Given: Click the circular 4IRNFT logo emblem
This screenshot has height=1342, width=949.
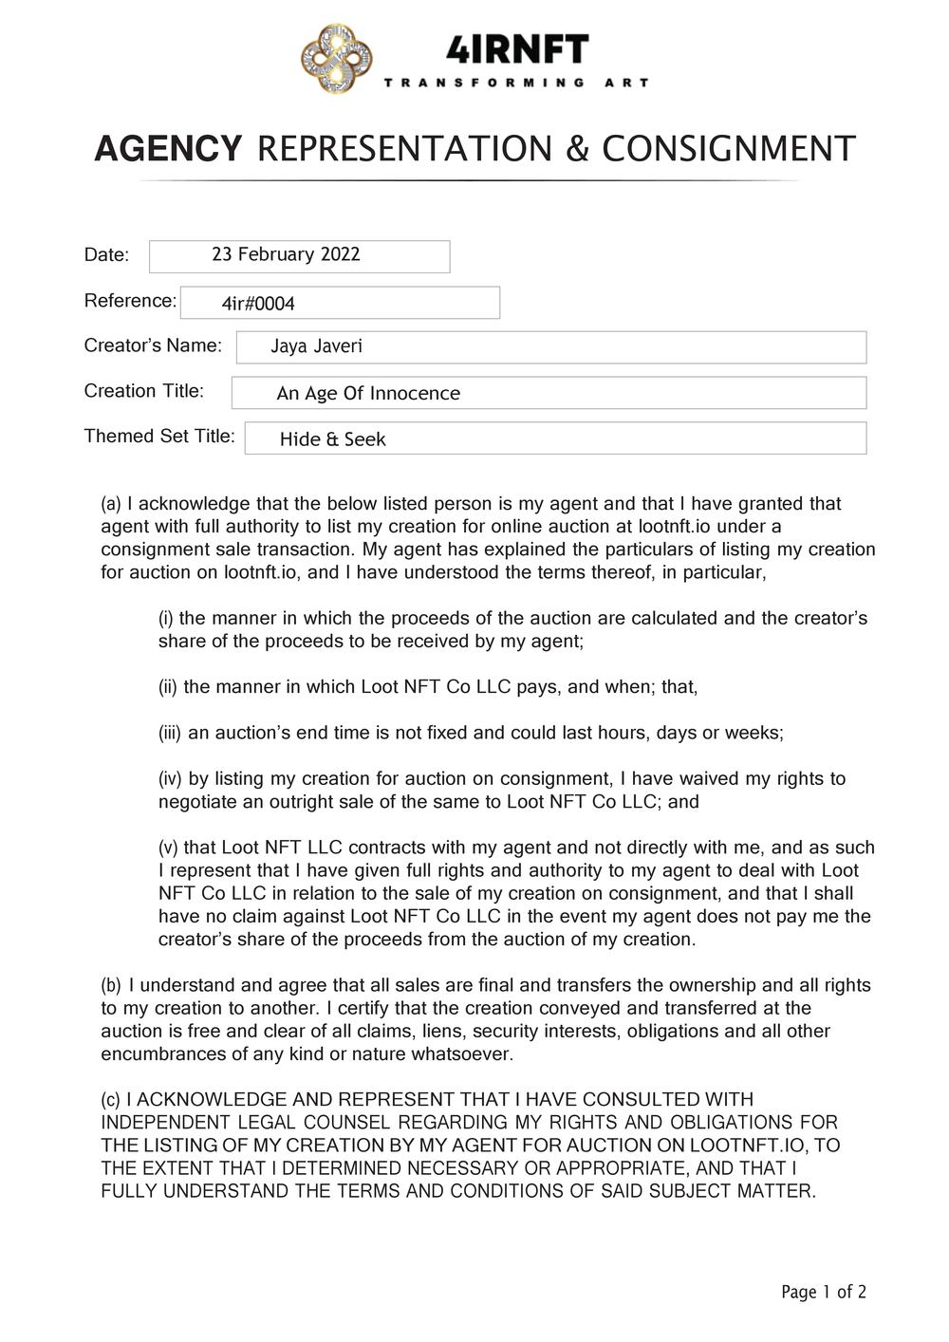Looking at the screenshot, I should pyautogui.click(x=336, y=59).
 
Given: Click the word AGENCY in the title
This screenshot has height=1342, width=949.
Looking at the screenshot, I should pyautogui.click(x=168, y=149).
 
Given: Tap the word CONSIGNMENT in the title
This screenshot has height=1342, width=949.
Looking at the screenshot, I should pyautogui.click(x=729, y=149).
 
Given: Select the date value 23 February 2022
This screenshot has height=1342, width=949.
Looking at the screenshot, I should pyautogui.click(x=286, y=254).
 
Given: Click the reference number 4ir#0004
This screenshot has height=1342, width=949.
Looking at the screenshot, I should pyautogui.click(x=258, y=304).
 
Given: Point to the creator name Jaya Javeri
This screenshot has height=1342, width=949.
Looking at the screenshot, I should pyautogui.click(x=316, y=346).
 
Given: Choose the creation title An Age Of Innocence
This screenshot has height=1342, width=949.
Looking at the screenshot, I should pyautogui.click(x=368, y=393).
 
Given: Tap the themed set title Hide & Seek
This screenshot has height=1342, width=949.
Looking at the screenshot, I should pyautogui.click(x=333, y=439).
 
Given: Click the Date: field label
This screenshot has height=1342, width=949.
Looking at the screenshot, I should pyautogui.click(x=106, y=254).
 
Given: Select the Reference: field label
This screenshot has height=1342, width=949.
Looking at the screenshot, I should pyautogui.click(x=130, y=301).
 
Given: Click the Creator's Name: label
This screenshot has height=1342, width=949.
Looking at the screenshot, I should pyautogui.click(x=153, y=345).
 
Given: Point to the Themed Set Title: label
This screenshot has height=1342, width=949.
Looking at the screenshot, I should pyautogui.click(x=159, y=437).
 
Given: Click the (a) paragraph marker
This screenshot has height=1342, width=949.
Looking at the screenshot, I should pyautogui.click(x=111, y=504).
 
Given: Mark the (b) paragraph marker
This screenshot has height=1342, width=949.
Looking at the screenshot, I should pyautogui.click(x=111, y=985).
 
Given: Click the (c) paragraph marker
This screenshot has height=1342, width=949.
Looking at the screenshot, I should pyautogui.click(x=111, y=1100).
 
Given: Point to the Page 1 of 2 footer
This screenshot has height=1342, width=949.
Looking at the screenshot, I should pyautogui.click(x=823, y=1292).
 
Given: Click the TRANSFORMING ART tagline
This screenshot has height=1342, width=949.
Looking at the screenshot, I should pyautogui.click(x=516, y=84).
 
